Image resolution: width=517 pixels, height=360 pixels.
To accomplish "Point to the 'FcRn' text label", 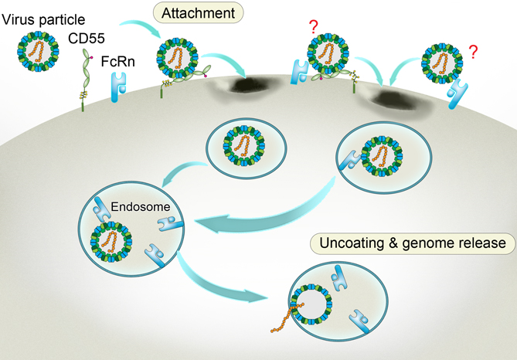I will [116, 57].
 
